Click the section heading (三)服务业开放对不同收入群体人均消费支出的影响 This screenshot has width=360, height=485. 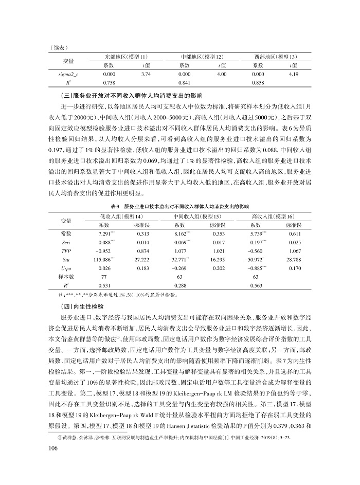coord(132,96)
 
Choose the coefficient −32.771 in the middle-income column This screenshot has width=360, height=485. coord(181,260)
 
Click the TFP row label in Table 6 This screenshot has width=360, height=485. coord(66,251)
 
